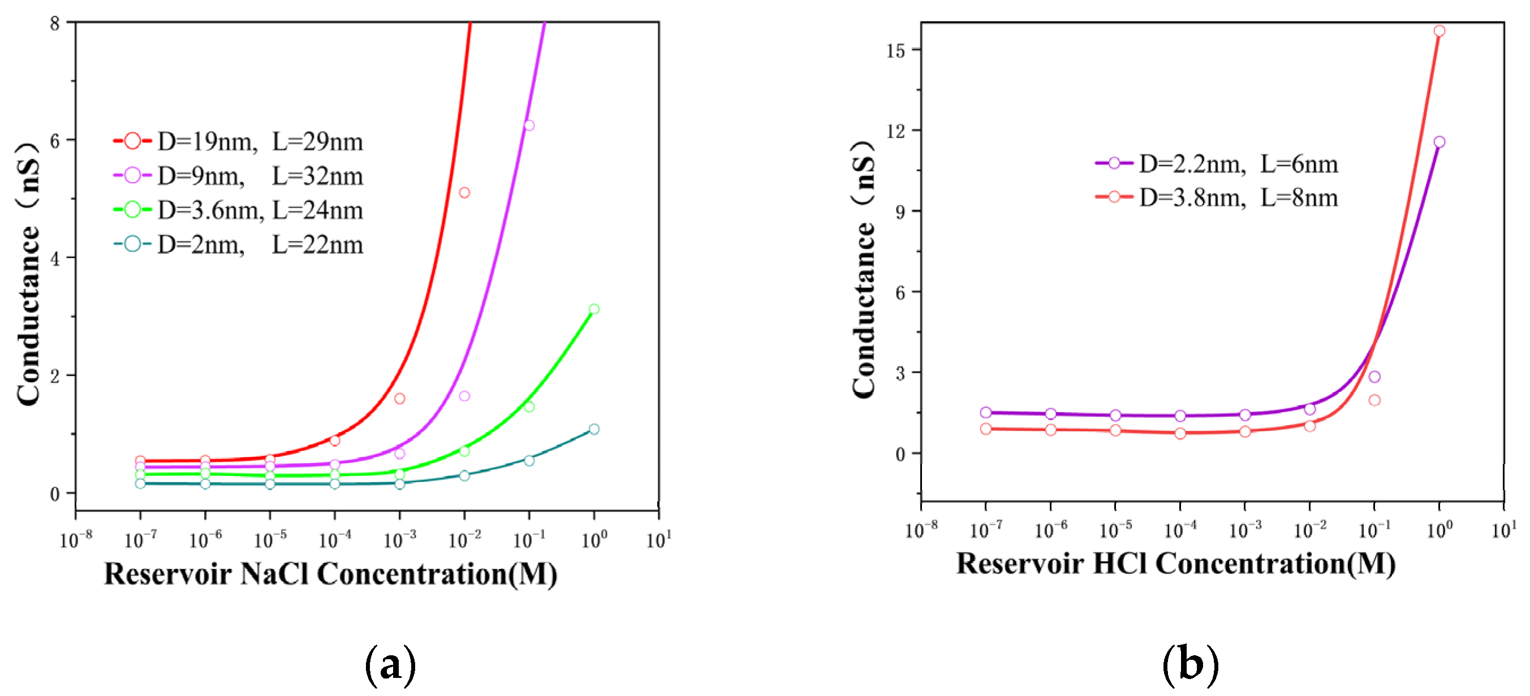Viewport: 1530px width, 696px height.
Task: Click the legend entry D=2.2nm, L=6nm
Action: tap(1218, 163)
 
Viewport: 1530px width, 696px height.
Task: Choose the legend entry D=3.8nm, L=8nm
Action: tap(1218, 198)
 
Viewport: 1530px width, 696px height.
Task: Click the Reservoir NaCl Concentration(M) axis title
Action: tap(330, 574)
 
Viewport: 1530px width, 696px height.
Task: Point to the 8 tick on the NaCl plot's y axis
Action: tap(55, 24)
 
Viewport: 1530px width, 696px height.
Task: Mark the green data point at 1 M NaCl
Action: tap(594, 309)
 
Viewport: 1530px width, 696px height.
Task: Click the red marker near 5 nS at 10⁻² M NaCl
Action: tap(464, 192)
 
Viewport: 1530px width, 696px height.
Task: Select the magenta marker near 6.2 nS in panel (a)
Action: tap(529, 126)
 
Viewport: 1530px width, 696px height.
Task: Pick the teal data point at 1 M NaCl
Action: tap(594, 429)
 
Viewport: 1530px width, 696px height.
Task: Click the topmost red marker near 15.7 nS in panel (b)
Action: tap(1439, 31)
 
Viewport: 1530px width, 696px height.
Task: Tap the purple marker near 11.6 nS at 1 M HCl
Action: tap(1439, 142)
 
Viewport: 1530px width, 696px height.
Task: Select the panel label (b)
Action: tap(1190, 664)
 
